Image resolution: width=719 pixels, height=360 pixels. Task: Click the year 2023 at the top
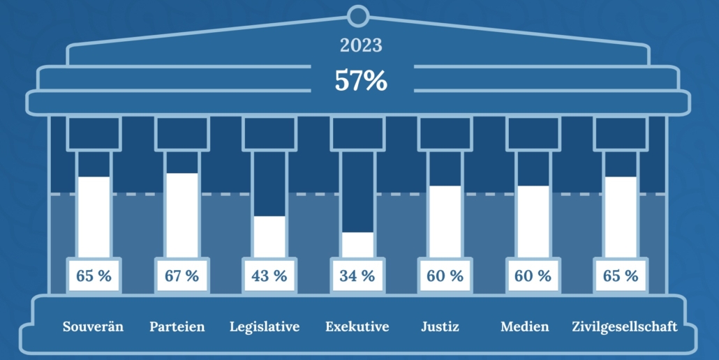coord(361,46)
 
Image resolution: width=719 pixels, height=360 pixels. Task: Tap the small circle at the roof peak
coord(357,14)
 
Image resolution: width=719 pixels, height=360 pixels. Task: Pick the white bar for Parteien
coord(181,215)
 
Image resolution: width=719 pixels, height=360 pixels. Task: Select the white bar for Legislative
coord(269,237)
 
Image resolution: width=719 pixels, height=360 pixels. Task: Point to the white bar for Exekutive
coord(357,244)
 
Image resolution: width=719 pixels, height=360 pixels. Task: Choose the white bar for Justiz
coord(445,221)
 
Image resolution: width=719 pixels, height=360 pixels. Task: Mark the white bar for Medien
coord(533,221)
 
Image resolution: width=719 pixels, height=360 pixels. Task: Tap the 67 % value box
coord(181,276)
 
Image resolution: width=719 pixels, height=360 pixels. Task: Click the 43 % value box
coord(269,276)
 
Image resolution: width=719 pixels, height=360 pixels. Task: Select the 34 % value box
coord(357,276)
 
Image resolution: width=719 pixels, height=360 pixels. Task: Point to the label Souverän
coord(93,327)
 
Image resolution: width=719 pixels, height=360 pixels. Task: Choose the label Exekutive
coord(357,327)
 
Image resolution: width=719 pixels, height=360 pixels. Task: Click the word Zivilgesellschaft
coord(624,327)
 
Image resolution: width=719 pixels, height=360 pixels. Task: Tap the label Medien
coord(525,327)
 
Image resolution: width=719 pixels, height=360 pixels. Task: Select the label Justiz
coord(440,327)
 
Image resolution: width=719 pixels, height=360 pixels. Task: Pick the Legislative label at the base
coord(265,327)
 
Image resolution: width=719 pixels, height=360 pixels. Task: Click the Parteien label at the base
coord(177,327)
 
